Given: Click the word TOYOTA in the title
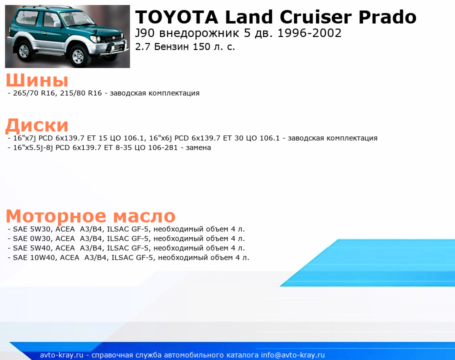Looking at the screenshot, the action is [x=176, y=17].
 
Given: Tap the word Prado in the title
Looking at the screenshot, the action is [x=387, y=17].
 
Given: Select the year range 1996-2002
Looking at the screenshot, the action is [x=309, y=33].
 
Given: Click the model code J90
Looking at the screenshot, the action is [x=145, y=33].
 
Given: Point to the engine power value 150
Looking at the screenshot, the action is [x=202, y=46].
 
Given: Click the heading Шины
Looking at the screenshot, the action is [x=37, y=80].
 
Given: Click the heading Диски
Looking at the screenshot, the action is [x=37, y=125].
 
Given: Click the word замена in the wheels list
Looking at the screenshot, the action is [x=198, y=147].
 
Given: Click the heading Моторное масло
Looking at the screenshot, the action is [x=90, y=216].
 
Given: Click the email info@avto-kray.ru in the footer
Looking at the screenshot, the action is [x=293, y=355].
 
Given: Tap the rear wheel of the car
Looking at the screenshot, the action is [x=24, y=51].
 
